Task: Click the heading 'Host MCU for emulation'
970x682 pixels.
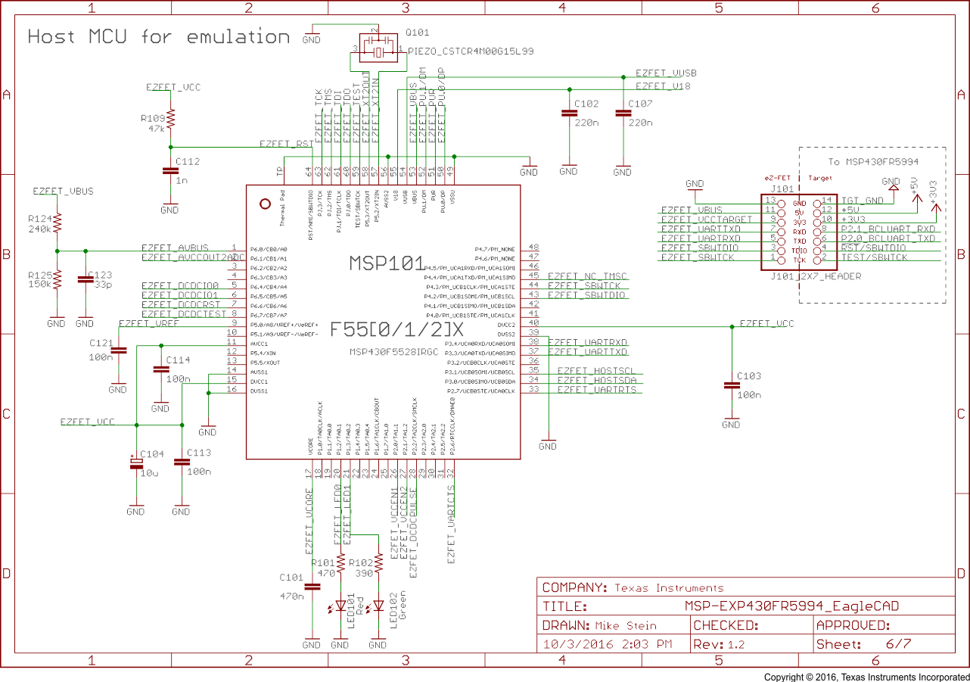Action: click(159, 37)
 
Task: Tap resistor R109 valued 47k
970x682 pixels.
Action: click(170, 119)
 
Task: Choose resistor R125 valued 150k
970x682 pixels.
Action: click(57, 279)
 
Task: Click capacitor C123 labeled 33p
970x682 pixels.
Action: click(85, 279)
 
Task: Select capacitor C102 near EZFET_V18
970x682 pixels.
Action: click(568, 114)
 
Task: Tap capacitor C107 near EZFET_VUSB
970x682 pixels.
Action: click(622, 114)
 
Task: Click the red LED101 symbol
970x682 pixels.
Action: click(340, 606)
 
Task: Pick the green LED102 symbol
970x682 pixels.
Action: click(378, 606)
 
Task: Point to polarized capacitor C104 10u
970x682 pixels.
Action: click(136, 462)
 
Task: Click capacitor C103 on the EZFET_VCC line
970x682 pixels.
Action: click(731, 385)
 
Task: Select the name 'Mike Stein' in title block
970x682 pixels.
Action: click(626, 626)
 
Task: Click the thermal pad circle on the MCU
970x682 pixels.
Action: click(265, 204)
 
